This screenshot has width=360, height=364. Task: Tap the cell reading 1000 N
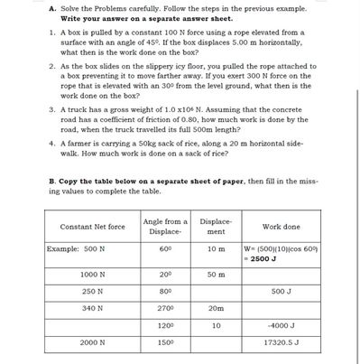(x=93, y=274)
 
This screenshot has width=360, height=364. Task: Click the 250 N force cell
(x=93, y=291)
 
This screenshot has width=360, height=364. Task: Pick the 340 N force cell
(x=93, y=308)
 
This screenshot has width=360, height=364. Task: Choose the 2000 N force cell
(x=93, y=343)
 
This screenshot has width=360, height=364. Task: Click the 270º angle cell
(x=164, y=308)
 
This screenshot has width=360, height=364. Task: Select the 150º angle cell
(x=164, y=343)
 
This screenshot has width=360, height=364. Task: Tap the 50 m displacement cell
(x=216, y=274)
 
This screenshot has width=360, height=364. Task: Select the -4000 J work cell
(x=281, y=325)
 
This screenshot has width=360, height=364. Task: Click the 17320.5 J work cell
(x=281, y=343)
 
